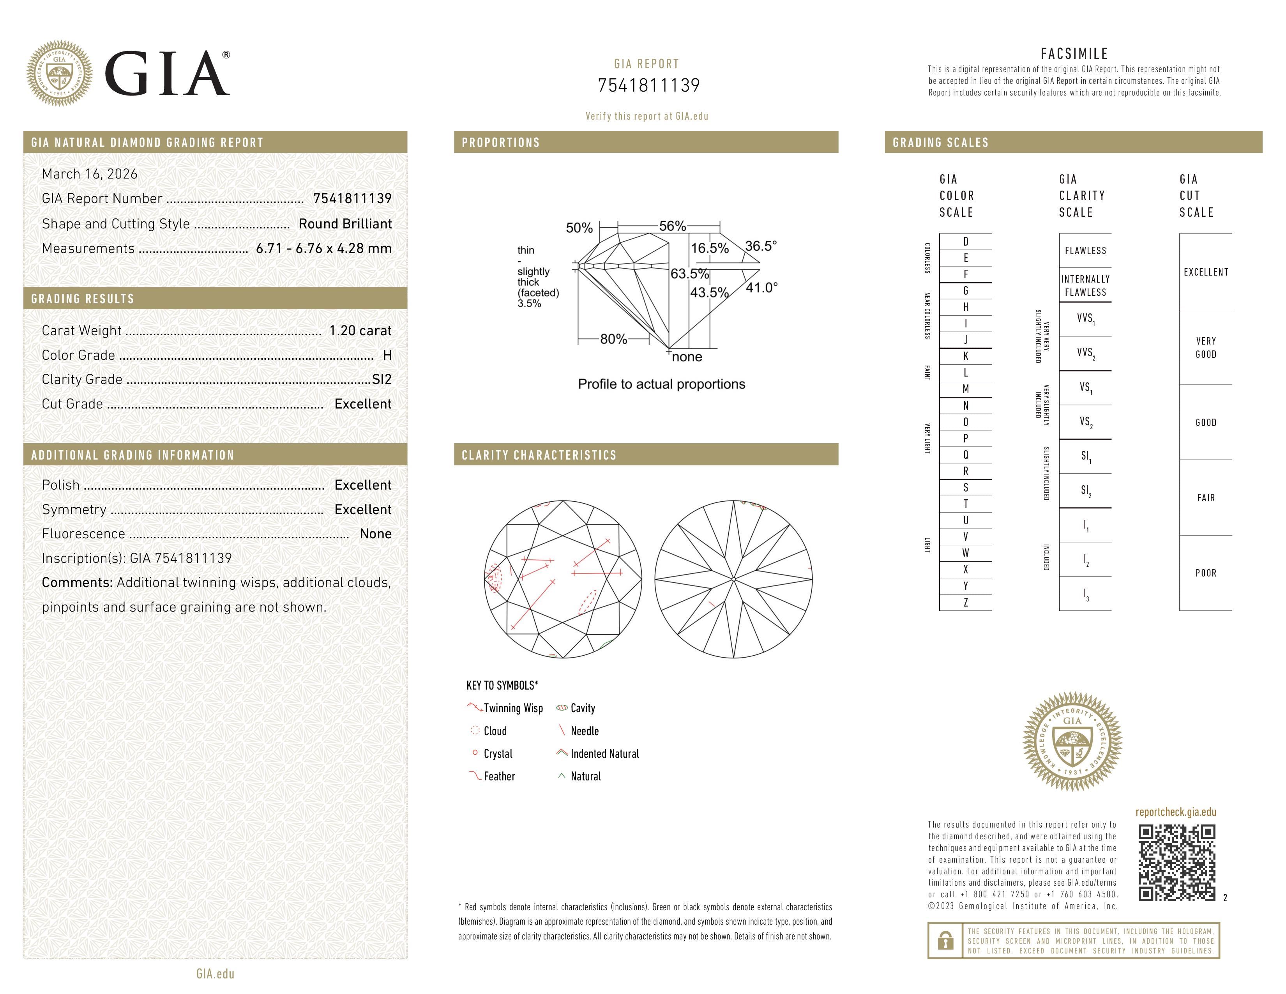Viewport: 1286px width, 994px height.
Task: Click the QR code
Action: coord(1176,863)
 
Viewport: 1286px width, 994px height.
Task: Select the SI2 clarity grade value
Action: coord(382,380)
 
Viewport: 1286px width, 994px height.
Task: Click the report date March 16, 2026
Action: coord(90,174)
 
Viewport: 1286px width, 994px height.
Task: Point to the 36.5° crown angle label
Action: coord(761,246)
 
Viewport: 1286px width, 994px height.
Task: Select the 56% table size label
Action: coord(673,226)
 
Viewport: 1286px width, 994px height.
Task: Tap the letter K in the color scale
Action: coord(965,356)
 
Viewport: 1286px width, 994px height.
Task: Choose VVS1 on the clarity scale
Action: coord(1085,318)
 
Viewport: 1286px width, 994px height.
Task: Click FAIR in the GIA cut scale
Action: coord(1205,498)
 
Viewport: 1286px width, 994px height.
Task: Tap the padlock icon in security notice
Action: coord(945,941)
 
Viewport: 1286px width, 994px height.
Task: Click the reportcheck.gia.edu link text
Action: coord(1175,812)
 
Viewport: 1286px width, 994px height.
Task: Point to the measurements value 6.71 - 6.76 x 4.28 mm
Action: coord(323,249)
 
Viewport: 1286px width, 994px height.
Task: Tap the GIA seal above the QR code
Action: coord(1072,741)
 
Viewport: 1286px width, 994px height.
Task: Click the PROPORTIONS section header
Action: coord(500,143)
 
